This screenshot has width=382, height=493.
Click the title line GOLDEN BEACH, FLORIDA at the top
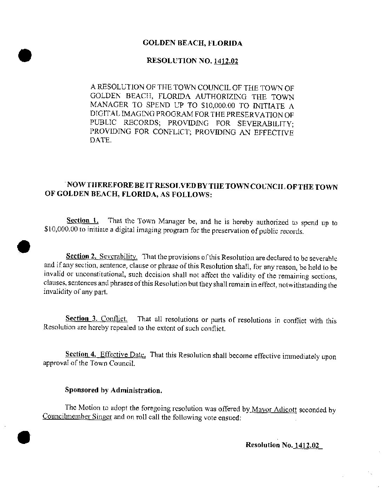(192, 43)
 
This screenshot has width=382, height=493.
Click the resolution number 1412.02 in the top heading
(226, 61)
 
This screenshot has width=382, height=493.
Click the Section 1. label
(82, 221)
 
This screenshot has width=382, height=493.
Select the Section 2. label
(81, 256)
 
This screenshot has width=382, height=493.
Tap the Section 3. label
(81, 319)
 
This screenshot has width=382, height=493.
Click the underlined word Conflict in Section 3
(114, 319)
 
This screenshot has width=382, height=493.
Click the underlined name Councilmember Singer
(77, 418)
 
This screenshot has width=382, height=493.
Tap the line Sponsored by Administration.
(114, 390)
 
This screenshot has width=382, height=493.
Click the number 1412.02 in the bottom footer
(307, 445)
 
